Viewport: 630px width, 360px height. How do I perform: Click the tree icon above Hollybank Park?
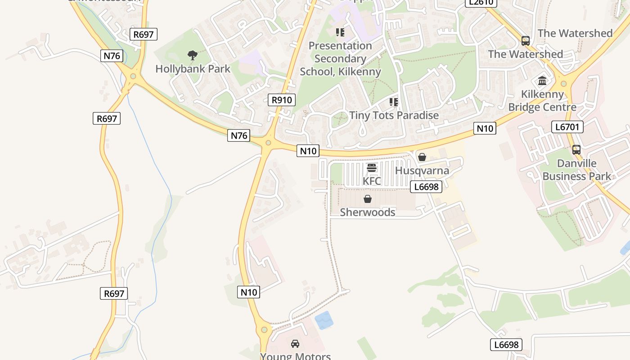point(193,56)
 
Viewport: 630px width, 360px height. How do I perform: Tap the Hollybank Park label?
point(193,69)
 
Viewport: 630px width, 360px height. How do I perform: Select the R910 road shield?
point(282,100)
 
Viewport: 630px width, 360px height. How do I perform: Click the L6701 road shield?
point(567,127)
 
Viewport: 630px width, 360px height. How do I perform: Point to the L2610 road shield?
point(481,3)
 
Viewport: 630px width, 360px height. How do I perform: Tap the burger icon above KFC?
point(372,168)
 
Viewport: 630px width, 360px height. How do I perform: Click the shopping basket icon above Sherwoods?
point(368,199)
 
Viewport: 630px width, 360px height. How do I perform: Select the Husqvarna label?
point(422,171)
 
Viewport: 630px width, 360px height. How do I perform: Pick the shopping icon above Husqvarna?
point(422,157)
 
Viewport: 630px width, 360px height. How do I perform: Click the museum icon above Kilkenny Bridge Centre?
point(542,81)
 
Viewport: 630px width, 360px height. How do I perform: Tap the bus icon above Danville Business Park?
point(576,150)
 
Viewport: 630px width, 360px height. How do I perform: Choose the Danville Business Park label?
point(576,170)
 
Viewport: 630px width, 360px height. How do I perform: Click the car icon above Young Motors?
point(295,344)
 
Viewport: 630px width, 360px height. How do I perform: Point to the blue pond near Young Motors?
point(324,320)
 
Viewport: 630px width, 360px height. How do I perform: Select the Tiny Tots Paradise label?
point(394,115)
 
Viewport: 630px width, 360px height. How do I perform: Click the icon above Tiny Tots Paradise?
point(394,102)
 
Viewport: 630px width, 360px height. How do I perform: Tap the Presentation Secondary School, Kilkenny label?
point(340,58)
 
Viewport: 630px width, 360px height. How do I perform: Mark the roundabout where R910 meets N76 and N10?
point(268,143)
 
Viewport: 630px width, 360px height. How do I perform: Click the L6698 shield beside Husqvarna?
point(426,186)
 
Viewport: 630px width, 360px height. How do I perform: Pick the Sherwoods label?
point(368,212)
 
